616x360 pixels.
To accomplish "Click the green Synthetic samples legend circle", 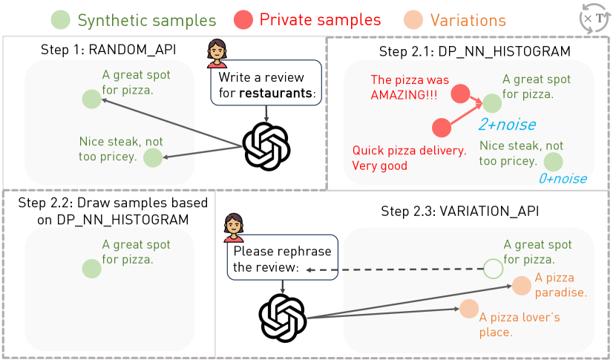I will pos(62,20).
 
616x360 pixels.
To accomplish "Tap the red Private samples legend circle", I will pos(243,20).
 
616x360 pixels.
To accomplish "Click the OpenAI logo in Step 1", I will pos(266,145).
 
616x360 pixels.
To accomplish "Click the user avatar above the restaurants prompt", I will pos(217,53).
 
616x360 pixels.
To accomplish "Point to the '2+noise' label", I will pos(507,124).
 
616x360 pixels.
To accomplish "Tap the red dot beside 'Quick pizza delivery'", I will pos(441,127).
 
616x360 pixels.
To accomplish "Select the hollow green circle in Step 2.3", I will pos(493,268).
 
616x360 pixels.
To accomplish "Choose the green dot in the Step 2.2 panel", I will pos(91,268).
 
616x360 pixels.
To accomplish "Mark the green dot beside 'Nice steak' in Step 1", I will pos(152,157).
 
